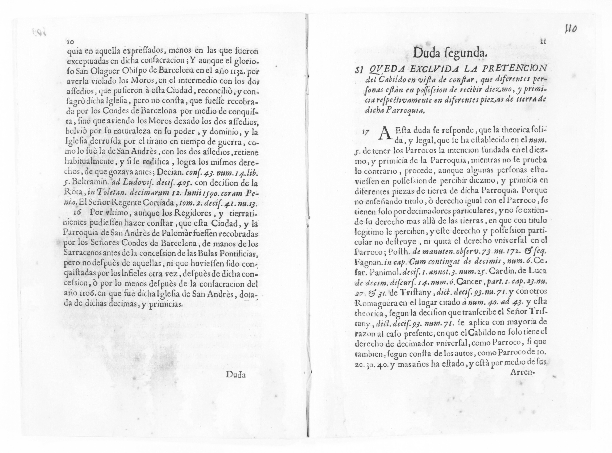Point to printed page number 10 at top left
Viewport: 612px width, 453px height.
70,42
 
